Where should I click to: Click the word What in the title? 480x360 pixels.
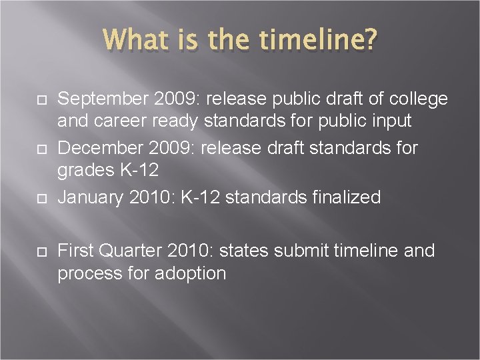coord(136,39)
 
